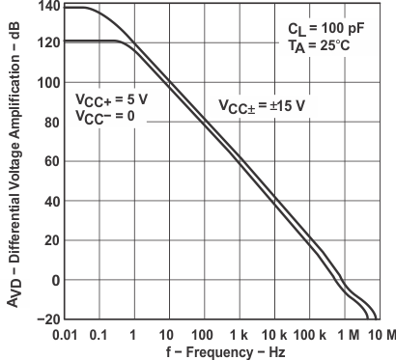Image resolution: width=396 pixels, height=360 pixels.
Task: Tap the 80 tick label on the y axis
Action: click(46, 122)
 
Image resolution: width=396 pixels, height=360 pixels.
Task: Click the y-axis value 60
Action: click(46, 161)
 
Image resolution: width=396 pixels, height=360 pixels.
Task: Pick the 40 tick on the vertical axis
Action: click(46, 201)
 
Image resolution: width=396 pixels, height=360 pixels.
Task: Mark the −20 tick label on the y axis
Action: click(42, 319)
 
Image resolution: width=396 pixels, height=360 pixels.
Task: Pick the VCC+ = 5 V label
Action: click(110, 98)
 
